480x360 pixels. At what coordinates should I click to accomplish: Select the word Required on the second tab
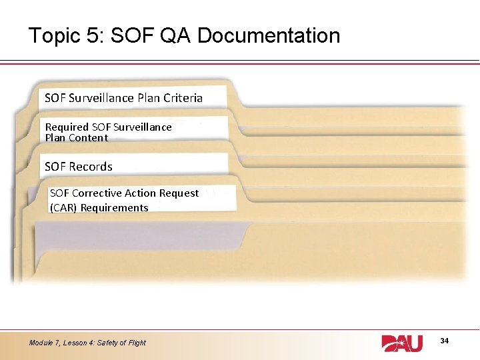point(67,127)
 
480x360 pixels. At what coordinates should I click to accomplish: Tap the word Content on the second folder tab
point(87,138)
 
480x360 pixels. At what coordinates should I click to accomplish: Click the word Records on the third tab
point(91,167)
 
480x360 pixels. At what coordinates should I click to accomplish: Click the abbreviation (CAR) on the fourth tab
point(64,208)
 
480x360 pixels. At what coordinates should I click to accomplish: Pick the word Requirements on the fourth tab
point(115,208)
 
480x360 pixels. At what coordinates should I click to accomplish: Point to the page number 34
point(445,341)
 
